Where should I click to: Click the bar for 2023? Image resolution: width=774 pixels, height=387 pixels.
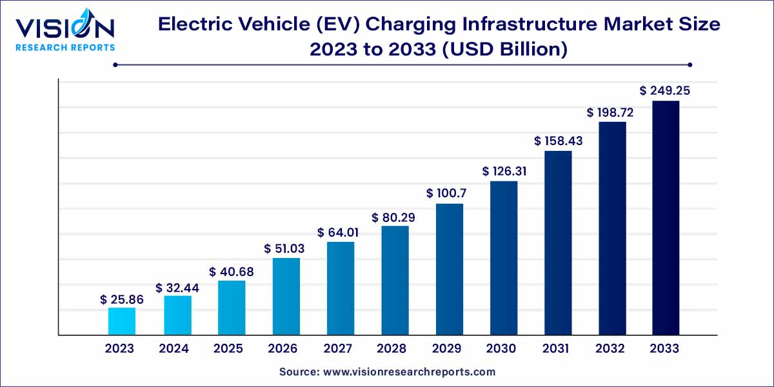[x=122, y=321]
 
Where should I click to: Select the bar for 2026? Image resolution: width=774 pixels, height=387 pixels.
[x=286, y=297]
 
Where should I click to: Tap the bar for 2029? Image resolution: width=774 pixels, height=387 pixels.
[x=450, y=270]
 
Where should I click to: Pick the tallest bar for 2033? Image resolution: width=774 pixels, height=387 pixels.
[x=666, y=218]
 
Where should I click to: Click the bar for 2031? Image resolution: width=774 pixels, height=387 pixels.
[x=558, y=243]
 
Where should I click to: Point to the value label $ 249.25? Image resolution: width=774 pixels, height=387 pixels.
[x=665, y=91]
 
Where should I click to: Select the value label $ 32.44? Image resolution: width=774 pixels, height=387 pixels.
[x=177, y=288]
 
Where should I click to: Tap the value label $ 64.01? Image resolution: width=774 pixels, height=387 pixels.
[x=338, y=232]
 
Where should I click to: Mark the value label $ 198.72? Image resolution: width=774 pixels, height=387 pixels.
[x=610, y=112]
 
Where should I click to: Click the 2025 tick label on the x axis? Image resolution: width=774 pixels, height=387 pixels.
[x=228, y=349]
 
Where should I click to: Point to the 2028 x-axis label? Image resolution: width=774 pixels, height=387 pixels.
[x=392, y=349]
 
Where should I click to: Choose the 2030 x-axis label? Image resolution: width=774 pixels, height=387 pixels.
[x=501, y=349]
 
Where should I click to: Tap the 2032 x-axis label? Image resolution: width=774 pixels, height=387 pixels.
[x=610, y=349]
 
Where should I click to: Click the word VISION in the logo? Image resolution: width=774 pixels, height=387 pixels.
[x=64, y=28]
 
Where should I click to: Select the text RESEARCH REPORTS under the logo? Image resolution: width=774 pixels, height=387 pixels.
[x=64, y=47]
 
